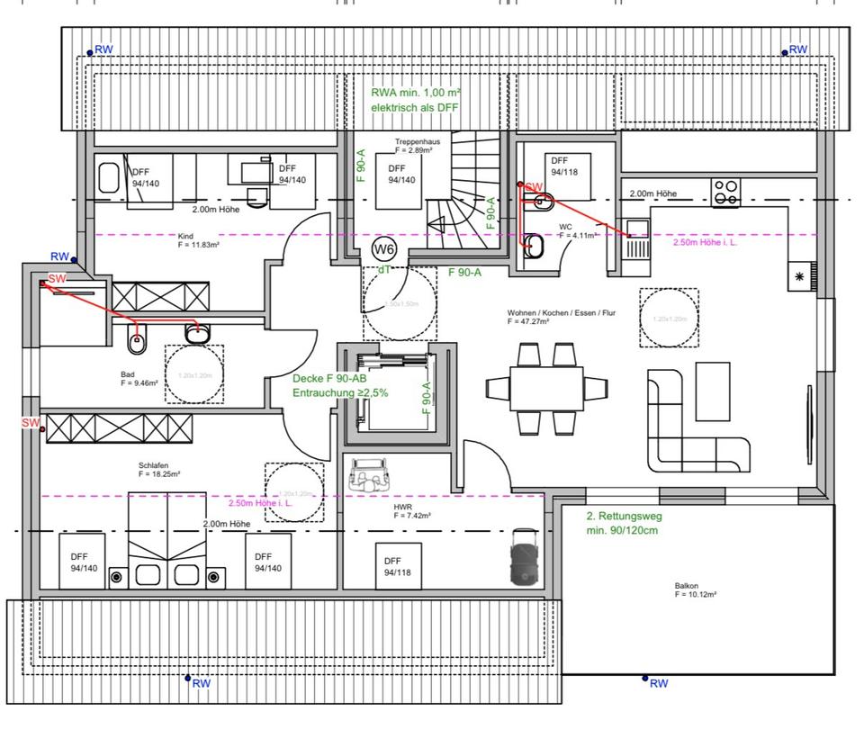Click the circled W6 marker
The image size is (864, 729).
click(384, 248)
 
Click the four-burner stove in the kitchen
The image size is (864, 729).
click(726, 192)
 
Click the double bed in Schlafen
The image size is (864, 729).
click(164, 540)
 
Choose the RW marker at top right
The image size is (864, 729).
click(796, 49)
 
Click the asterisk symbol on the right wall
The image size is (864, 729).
click(798, 277)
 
